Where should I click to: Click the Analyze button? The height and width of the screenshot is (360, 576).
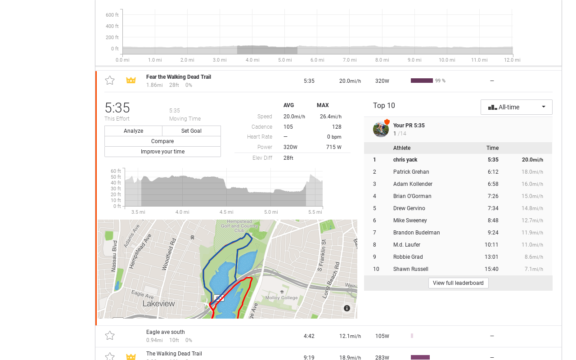(x=133, y=131)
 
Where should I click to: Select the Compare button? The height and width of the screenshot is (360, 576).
(x=162, y=141)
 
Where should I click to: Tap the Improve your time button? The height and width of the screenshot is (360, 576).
(x=162, y=152)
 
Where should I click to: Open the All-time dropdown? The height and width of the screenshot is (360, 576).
(x=516, y=107)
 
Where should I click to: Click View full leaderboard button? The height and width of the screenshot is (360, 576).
(x=458, y=283)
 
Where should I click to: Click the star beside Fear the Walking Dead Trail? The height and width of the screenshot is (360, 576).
(x=110, y=80)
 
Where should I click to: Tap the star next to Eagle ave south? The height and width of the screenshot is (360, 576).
(x=110, y=335)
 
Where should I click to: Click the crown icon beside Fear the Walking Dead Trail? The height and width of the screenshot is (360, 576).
(x=131, y=80)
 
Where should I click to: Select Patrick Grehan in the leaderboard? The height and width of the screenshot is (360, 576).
(x=411, y=172)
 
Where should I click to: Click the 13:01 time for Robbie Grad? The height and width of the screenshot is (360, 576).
(x=491, y=257)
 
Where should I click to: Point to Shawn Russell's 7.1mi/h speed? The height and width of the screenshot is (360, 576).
(x=534, y=269)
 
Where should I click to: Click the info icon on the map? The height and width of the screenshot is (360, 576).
(x=347, y=308)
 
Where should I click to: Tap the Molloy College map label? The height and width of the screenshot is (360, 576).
(x=281, y=297)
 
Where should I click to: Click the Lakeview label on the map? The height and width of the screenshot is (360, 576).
(x=159, y=304)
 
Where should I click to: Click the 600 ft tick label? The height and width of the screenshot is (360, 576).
(x=112, y=15)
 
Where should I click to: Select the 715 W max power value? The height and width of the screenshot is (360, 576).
(x=334, y=147)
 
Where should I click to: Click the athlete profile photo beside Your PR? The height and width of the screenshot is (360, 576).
(x=381, y=129)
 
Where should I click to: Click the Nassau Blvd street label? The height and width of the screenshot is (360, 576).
(x=114, y=256)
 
